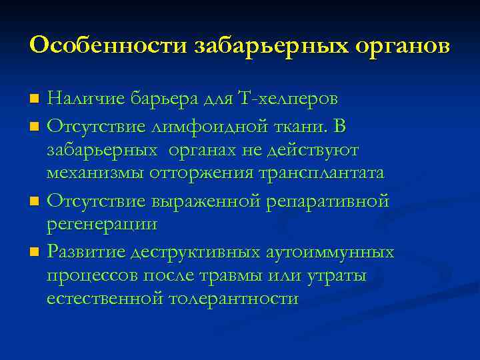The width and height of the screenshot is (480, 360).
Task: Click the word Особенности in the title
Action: [107, 46]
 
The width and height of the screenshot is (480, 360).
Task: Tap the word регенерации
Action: [102, 225]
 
